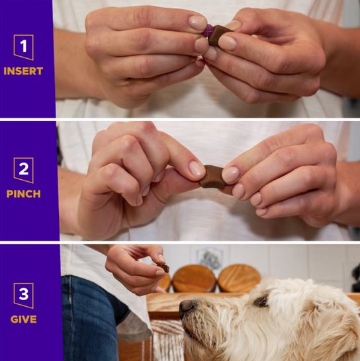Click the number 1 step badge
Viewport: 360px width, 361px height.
click(x=24, y=47)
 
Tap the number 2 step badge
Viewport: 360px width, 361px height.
click(x=24, y=170)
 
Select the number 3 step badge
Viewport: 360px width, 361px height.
click(x=24, y=296)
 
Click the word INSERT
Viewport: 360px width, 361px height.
click(x=23, y=71)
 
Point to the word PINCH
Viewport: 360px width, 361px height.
click(x=24, y=194)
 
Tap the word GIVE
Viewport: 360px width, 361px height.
click(x=24, y=319)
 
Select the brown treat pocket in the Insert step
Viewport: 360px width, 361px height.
click(x=219, y=35)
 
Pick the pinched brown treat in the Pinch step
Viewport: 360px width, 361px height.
click(x=212, y=177)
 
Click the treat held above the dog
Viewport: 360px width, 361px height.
click(x=163, y=268)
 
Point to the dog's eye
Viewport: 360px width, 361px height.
click(x=261, y=301)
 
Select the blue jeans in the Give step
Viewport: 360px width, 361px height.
click(x=90, y=319)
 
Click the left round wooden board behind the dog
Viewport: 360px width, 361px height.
click(x=194, y=278)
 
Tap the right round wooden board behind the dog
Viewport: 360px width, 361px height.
click(x=240, y=278)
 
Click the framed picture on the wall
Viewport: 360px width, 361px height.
click(x=210, y=257)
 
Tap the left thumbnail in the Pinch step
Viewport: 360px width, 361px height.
click(x=197, y=169)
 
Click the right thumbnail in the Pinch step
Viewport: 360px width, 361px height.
click(x=230, y=175)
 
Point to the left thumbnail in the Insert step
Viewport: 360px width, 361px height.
click(x=197, y=22)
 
